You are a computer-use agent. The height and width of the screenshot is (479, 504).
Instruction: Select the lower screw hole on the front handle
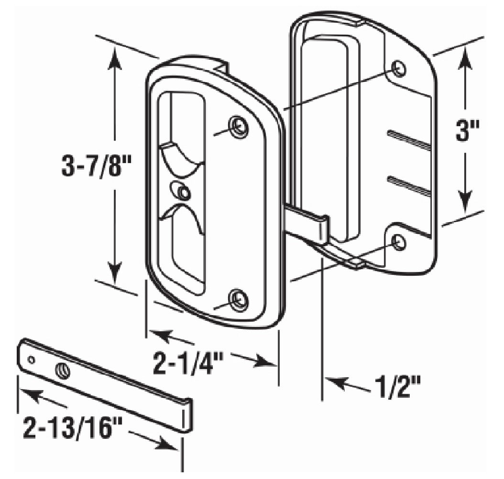(238, 300)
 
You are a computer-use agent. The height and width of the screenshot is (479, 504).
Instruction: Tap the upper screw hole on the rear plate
(400, 69)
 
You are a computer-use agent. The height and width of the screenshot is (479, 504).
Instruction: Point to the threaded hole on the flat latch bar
(62, 371)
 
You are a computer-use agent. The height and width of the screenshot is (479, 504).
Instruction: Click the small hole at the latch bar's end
(31, 359)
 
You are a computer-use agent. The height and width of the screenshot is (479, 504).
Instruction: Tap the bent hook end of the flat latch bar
(187, 415)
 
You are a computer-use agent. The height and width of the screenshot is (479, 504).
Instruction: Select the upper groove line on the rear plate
(409, 139)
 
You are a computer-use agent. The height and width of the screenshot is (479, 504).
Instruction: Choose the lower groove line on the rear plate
(409, 185)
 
